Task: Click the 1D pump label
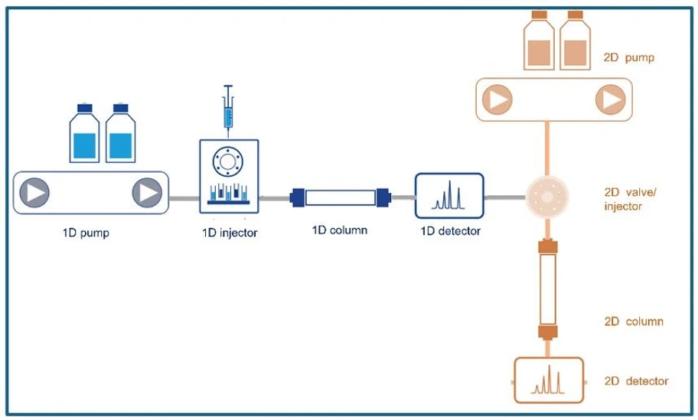(x=86, y=233)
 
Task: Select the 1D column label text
(x=339, y=230)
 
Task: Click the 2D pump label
(x=629, y=57)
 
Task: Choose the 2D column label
(x=634, y=321)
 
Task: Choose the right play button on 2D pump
(x=610, y=99)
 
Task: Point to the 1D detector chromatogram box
(x=449, y=196)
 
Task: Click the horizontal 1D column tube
(x=339, y=197)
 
